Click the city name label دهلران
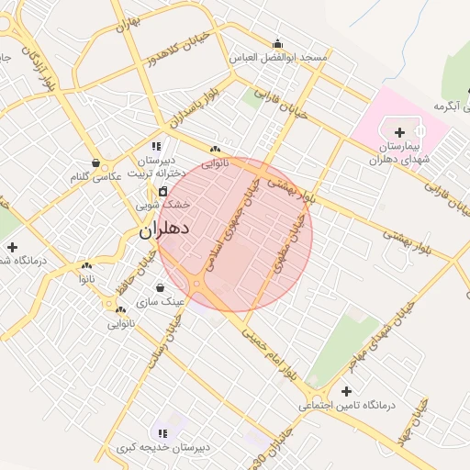[164, 229]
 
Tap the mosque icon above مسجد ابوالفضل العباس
[277, 43]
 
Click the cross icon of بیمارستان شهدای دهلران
[399, 133]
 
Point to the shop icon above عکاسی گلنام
[95, 162]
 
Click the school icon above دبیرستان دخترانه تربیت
[156, 146]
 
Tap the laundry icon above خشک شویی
[162, 191]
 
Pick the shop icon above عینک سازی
[161, 288]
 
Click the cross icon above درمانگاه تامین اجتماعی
[346, 391]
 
